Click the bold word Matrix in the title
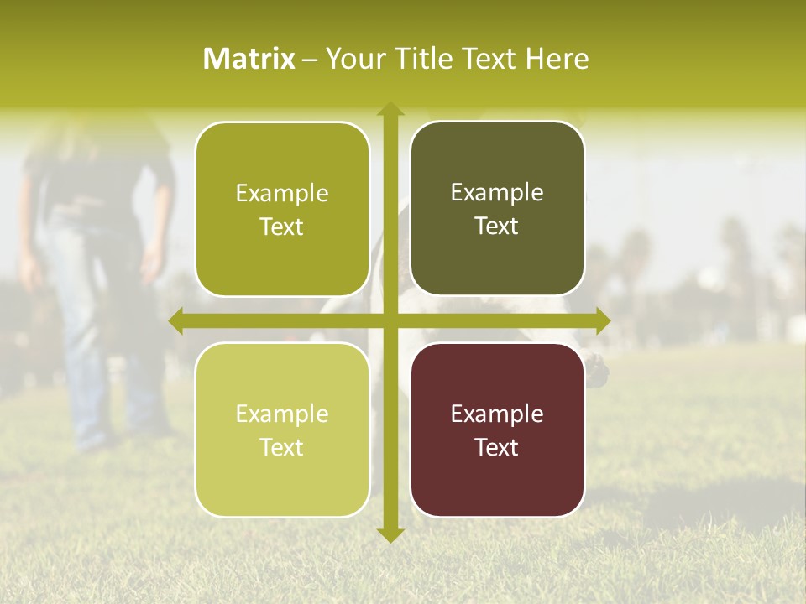(249, 59)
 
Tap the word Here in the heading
(557, 59)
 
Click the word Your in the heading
(352, 59)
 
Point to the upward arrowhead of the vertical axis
(390, 109)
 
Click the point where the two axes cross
(390, 320)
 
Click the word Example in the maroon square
(497, 414)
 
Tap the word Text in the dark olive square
(497, 226)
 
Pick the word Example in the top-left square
(282, 193)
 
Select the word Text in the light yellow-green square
(282, 447)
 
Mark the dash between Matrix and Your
(310, 60)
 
